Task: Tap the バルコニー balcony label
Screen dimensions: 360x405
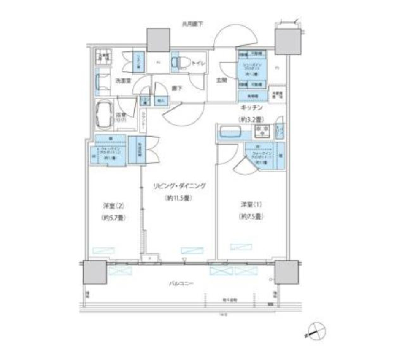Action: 181,283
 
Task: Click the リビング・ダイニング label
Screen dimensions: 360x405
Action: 179,185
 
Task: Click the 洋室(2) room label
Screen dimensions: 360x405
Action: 114,206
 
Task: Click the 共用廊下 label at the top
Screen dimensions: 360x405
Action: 193,24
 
